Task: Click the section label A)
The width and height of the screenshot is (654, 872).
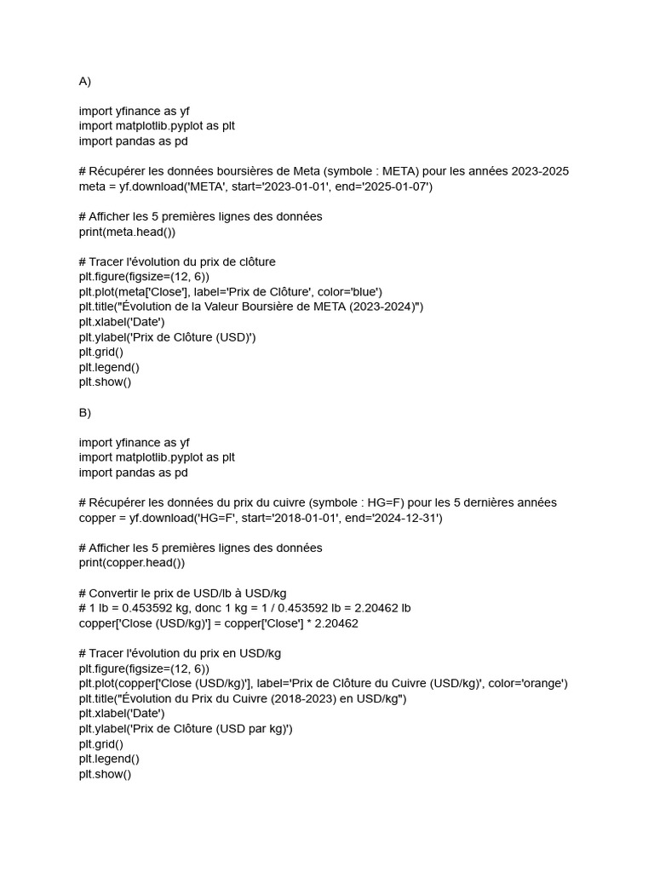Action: [85, 82]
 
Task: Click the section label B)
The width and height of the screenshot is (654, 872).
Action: [85, 412]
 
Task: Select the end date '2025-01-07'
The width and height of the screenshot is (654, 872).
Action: [398, 186]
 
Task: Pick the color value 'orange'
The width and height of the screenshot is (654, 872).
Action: [544, 683]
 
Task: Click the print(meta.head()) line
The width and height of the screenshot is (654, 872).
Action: [127, 232]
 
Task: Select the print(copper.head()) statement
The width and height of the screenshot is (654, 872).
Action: [132, 563]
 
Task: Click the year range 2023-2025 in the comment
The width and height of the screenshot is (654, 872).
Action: [540, 171]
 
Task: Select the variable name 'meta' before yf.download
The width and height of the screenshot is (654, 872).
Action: [91, 186]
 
